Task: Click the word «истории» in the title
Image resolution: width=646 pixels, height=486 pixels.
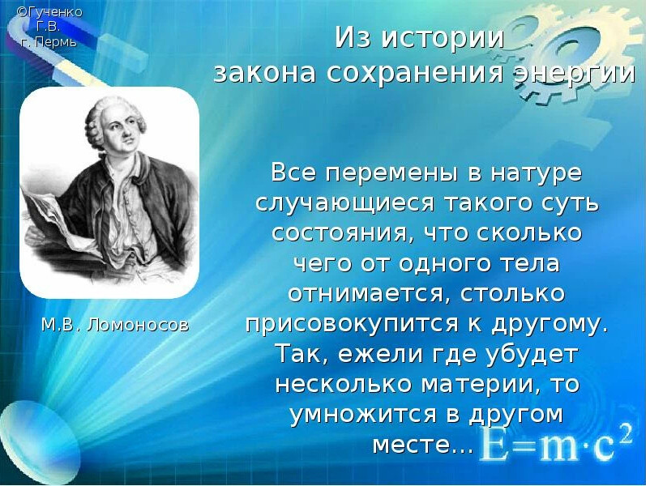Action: tap(443, 38)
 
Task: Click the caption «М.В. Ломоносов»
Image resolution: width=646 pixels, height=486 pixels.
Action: tap(115, 325)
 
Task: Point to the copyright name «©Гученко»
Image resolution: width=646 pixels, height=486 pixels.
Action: tap(49, 12)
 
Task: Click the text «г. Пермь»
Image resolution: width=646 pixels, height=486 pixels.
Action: tap(49, 41)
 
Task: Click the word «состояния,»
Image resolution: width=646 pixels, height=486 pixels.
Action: tap(338, 233)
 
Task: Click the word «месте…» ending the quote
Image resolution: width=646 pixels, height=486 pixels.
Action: tap(422, 445)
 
